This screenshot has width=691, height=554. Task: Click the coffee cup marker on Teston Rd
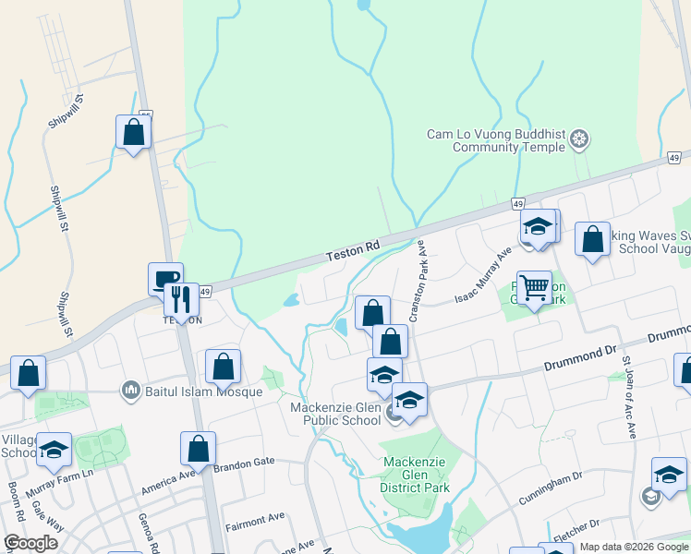point(166,278)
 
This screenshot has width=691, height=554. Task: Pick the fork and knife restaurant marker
point(181,299)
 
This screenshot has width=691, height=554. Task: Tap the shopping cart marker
point(534,287)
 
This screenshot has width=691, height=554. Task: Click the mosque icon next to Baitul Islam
point(130,391)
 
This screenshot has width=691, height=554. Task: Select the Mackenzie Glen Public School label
point(335,414)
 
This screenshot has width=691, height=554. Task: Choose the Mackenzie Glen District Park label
point(416,475)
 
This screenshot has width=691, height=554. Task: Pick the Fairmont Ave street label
point(251,523)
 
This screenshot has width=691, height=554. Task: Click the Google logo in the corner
point(30,543)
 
